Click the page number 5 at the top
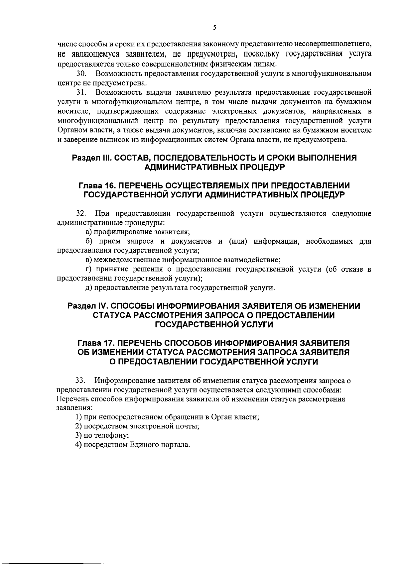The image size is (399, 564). pyautogui.click(x=214, y=28)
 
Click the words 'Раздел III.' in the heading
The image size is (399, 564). pyautogui.click(x=91, y=158)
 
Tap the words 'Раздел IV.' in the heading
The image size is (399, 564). pyautogui.click(x=86, y=306)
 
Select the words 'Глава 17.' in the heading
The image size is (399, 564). pyautogui.click(x=96, y=343)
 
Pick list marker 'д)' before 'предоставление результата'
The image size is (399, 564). pyautogui.click(x=88, y=287)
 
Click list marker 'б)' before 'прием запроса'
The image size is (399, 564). pyautogui.click(x=88, y=241)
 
